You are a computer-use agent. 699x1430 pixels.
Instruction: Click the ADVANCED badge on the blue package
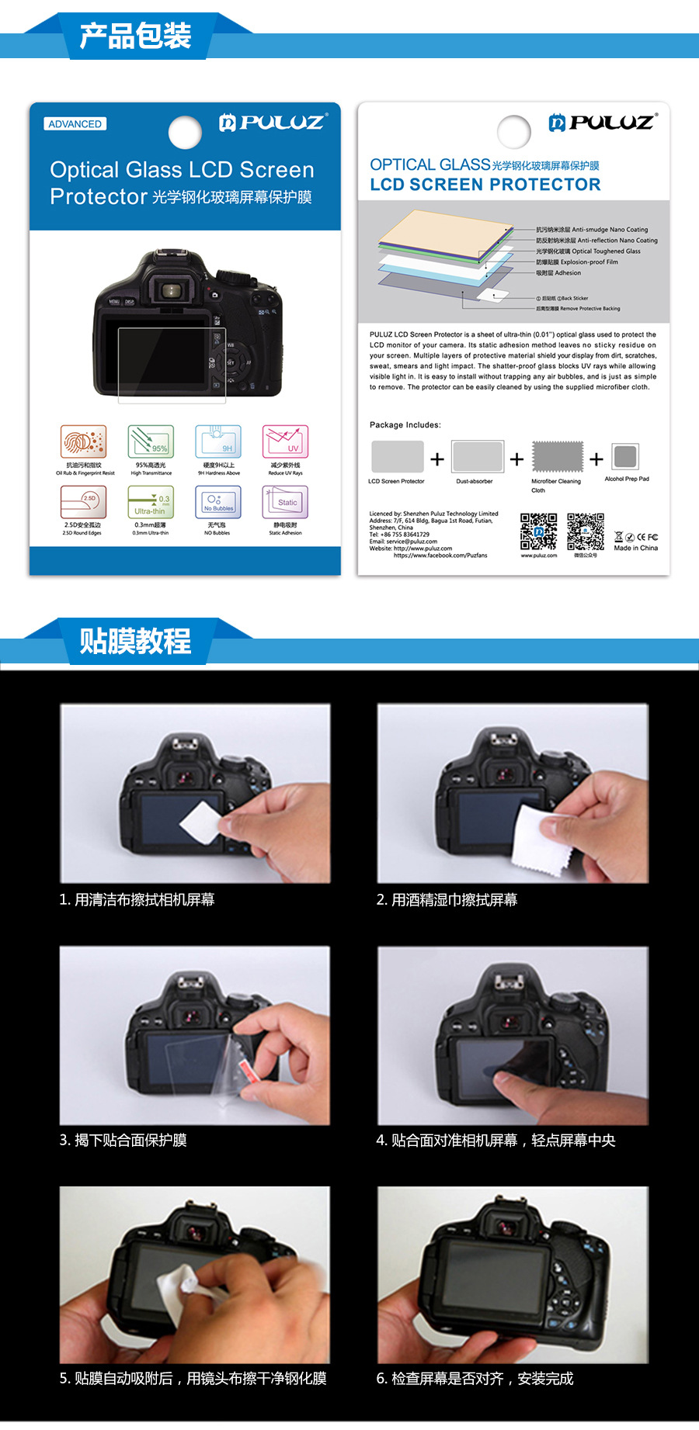75,124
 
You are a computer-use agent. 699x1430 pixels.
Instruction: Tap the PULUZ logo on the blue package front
273,122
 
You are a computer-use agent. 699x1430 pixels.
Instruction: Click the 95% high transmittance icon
151,441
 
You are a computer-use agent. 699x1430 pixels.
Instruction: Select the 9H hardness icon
218,441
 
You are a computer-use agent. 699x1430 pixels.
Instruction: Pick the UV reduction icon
285,441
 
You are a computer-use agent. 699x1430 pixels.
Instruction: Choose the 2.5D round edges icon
83,502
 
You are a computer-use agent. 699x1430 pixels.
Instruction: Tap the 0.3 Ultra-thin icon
151,502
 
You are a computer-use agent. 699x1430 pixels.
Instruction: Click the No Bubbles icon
218,502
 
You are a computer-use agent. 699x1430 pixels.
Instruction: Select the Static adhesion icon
285,502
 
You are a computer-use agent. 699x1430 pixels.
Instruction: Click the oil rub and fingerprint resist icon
83,441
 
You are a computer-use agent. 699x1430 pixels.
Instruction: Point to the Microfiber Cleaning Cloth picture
557,456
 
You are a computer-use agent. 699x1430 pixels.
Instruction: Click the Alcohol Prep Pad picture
625,456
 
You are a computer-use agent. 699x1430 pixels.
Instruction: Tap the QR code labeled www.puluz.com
538,531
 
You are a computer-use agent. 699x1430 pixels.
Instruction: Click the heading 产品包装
135,36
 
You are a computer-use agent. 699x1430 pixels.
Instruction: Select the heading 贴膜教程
135,642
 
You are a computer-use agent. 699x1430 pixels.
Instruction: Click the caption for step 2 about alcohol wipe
447,900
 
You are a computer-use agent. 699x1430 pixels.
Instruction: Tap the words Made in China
635,548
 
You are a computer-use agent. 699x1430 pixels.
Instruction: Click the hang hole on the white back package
514,132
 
